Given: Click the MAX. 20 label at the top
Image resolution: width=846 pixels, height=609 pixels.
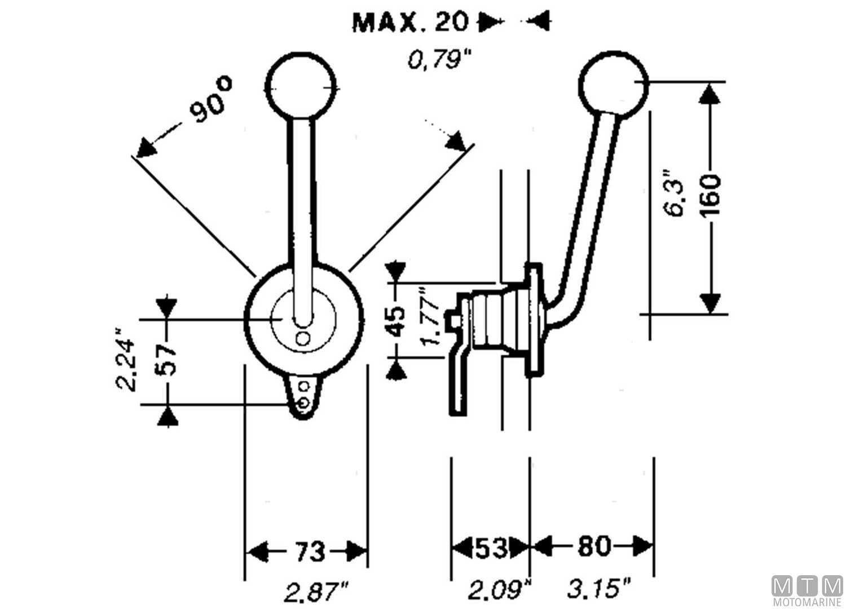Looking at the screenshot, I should coord(410,22).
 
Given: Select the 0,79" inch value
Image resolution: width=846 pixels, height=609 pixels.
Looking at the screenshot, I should coord(439,59).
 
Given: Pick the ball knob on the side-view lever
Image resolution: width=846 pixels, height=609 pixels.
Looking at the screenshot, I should coord(614,83).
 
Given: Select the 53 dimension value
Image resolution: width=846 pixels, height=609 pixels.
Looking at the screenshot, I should coord(491,548).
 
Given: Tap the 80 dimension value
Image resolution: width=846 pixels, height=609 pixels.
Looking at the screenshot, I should coord(593,546).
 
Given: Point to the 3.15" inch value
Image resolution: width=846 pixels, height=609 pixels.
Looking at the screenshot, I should coord(599,590).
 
